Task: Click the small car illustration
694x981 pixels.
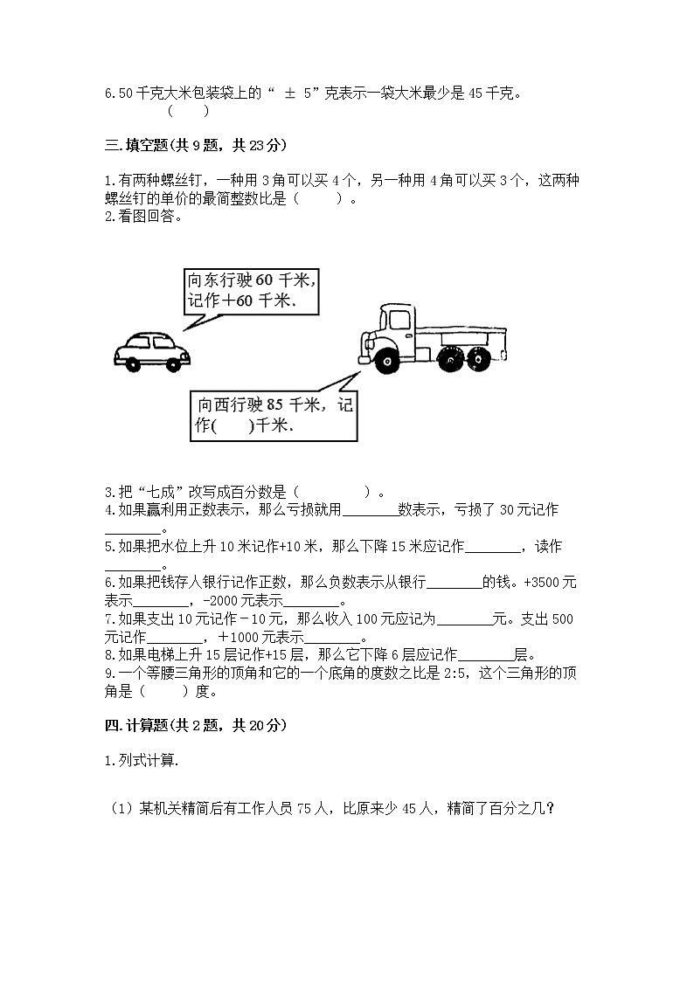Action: tap(152, 349)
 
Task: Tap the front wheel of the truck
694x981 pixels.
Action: tap(385, 359)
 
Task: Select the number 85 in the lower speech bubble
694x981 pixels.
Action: tap(275, 404)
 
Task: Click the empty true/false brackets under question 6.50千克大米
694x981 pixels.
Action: tap(188, 111)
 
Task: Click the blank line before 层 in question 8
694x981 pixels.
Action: tap(485, 655)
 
